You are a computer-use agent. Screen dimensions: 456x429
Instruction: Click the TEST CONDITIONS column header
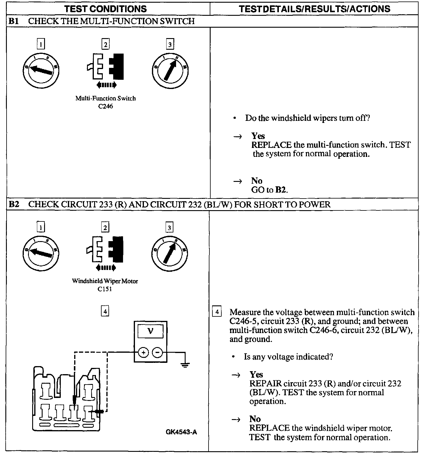[105, 9]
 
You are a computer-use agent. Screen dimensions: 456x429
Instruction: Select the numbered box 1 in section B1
[41, 44]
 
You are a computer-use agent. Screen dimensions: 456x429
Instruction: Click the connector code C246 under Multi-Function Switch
[105, 106]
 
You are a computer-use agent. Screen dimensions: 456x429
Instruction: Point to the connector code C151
[105, 289]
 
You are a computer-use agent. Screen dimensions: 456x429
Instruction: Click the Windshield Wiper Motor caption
[105, 281]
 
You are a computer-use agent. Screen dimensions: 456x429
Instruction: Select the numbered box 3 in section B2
[169, 228]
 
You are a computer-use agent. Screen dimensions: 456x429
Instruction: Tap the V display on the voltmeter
[150, 331]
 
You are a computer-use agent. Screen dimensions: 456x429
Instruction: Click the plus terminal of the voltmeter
[143, 353]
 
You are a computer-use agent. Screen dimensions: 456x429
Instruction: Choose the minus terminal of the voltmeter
[157, 353]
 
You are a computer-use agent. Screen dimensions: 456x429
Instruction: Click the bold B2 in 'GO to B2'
[281, 190]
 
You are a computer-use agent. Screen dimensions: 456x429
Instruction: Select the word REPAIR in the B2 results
[265, 383]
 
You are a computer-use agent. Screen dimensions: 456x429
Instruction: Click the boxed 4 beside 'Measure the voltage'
[217, 312]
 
